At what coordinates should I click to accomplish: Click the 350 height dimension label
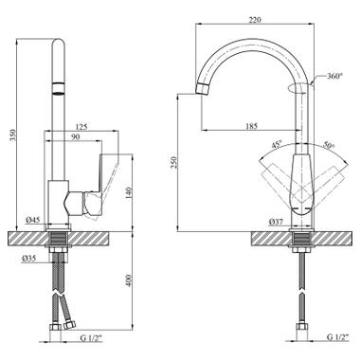[x=12, y=135]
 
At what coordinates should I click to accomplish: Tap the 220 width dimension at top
[x=255, y=20]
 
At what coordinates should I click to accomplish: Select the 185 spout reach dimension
[x=252, y=126]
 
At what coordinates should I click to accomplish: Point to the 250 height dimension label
[x=175, y=162]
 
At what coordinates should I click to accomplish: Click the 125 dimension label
[x=81, y=127]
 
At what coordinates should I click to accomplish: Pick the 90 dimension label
[x=75, y=136]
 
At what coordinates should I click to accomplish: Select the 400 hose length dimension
[x=128, y=280]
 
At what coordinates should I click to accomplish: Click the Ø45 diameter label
[x=33, y=220]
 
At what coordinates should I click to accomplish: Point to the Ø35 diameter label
[x=28, y=259]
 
